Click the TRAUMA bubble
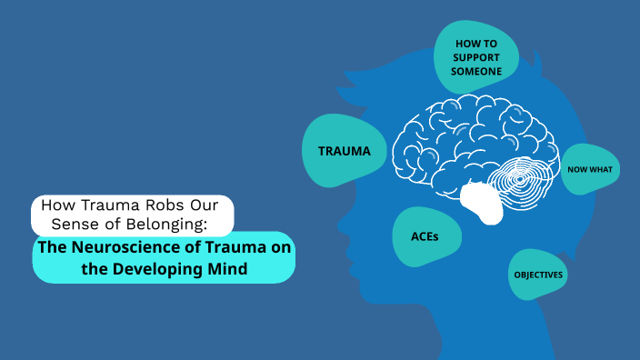coord(344,151)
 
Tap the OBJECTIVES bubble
coord(538,275)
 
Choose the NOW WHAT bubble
coord(590,169)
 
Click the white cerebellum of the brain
coord(482,202)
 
